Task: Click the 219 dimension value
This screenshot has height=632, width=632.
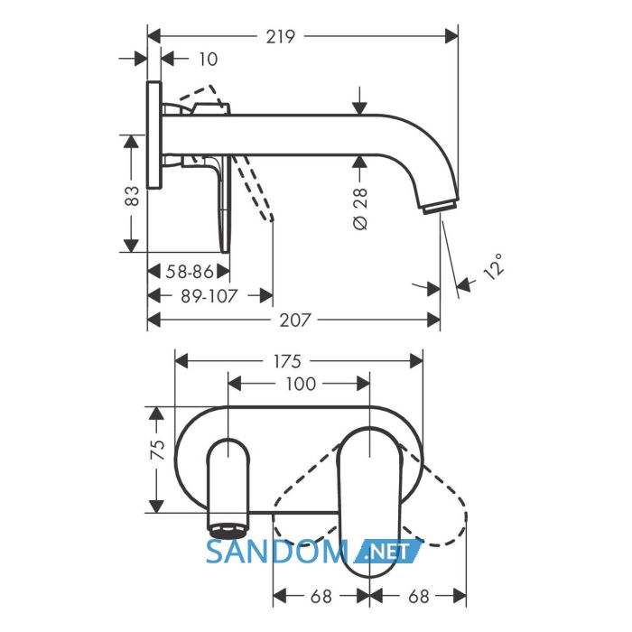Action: [x=281, y=37]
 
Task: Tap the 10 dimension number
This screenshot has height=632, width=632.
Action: [x=208, y=60]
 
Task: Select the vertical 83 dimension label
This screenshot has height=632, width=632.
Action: [x=132, y=196]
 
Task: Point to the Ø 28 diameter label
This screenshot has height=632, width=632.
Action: [x=360, y=209]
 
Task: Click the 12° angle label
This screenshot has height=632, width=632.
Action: [x=493, y=267]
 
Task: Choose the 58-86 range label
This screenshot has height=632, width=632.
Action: [x=190, y=272]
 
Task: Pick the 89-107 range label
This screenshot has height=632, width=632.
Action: [x=209, y=296]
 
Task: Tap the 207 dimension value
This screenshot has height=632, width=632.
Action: [x=295, y=321]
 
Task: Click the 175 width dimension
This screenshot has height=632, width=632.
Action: [x=287, y=361]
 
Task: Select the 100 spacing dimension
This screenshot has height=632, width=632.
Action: [x=301, y=384]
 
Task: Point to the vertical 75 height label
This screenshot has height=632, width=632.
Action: [x=157, y=450]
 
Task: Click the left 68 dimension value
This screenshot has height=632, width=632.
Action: [x=321, y=596]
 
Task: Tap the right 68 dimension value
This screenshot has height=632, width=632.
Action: [x=418, y=596]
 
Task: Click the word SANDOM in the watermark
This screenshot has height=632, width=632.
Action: [x=277, y=552]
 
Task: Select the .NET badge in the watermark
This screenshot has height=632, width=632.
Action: [x=387, y=552]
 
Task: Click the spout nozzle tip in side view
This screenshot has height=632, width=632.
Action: [x=441, y=207]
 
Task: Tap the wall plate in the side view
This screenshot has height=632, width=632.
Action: [x=154, y=135]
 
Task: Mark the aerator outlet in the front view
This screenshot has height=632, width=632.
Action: [x=228, y=530]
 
